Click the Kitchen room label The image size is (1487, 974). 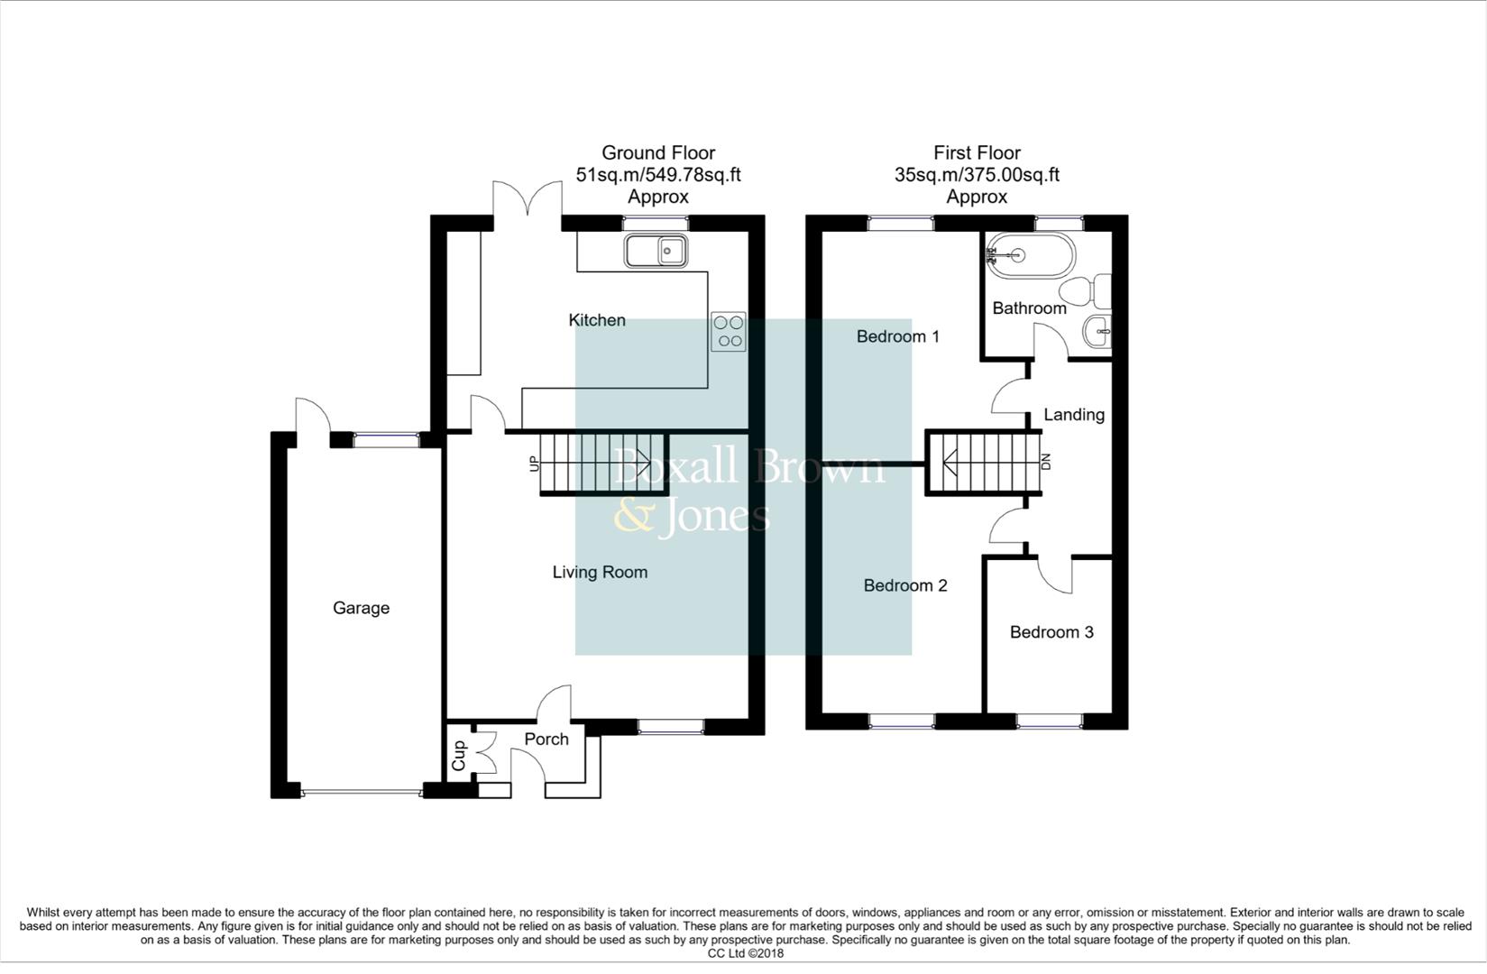(x=596, y=320)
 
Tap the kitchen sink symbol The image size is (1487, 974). (x=656, y=250)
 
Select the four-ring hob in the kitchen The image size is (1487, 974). (x=729, y=331)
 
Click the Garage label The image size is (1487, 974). (x=361, y=608)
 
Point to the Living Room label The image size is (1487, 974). (x=600, y=572)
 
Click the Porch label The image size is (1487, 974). (x=546, y=739)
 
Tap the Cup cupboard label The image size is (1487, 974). (x=459, y=756)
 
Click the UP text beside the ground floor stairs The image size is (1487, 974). (x=534, y=464)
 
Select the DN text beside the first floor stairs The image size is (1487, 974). (x=1046, y=462)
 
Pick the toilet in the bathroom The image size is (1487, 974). (x=1085, y=291)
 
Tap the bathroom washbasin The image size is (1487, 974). (x=1097, y=332)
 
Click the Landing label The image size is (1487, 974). (x=1073, y=415)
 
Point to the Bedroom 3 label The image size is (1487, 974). (x=1051, y=632)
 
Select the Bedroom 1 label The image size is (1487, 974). (x=897, y=336)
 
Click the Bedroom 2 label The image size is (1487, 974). (x=904, y=585)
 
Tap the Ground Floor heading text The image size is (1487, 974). (x=658, y=153)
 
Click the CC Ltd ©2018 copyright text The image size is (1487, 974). (x=745, y=953)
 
